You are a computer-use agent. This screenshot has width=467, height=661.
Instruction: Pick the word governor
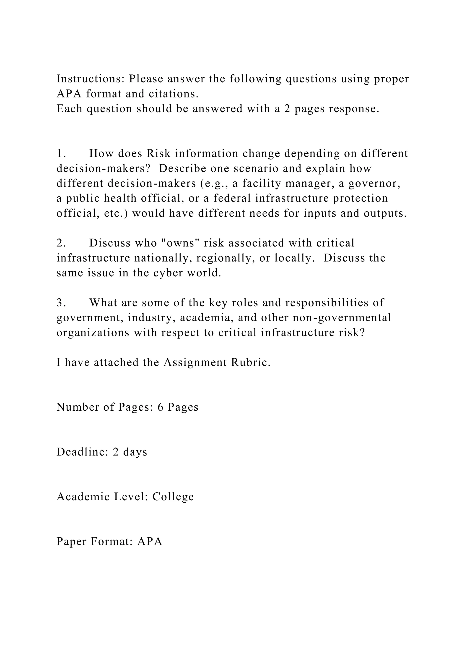tap(374, 183)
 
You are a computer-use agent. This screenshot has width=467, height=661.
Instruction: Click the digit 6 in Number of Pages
tap(161, 407)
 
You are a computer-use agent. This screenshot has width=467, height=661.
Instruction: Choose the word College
tap(173, 497)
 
